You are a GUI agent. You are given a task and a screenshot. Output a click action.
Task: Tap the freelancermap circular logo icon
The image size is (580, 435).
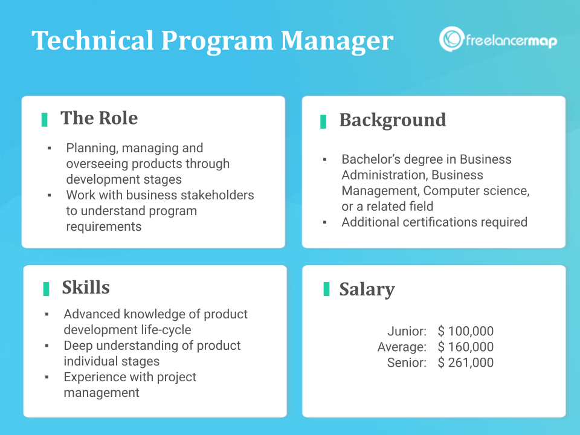pos(451,39)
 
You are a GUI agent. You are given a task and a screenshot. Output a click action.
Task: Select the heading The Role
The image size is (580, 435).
pos(99,118)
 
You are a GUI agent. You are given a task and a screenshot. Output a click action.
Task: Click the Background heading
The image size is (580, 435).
pos(392,120)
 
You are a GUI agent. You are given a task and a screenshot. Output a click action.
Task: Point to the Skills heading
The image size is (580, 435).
pos(86,288)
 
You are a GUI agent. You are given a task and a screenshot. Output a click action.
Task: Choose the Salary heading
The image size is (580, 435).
pos(367,289)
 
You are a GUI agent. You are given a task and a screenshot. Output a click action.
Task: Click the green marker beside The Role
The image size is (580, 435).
pos(44,120)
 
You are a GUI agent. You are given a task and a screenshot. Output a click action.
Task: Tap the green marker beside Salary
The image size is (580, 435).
pos(326,289)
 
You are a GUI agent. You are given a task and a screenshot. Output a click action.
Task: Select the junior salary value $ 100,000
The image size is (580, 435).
pos(466,331)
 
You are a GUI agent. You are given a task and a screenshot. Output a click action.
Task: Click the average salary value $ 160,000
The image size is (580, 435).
pos(466,347)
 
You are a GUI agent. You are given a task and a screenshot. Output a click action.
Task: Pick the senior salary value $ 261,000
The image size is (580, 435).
pos(466,362)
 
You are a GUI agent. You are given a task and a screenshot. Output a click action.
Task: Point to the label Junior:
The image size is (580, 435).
pos(407,331)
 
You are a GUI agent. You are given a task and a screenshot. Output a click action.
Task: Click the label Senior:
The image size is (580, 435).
pos(407,362)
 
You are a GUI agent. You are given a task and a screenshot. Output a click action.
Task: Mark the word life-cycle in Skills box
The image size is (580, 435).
pos(163,330)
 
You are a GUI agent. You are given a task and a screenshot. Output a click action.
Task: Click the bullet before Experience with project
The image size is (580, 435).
pos(47,377)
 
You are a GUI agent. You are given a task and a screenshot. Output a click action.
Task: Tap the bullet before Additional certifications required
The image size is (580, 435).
pos(325,222)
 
